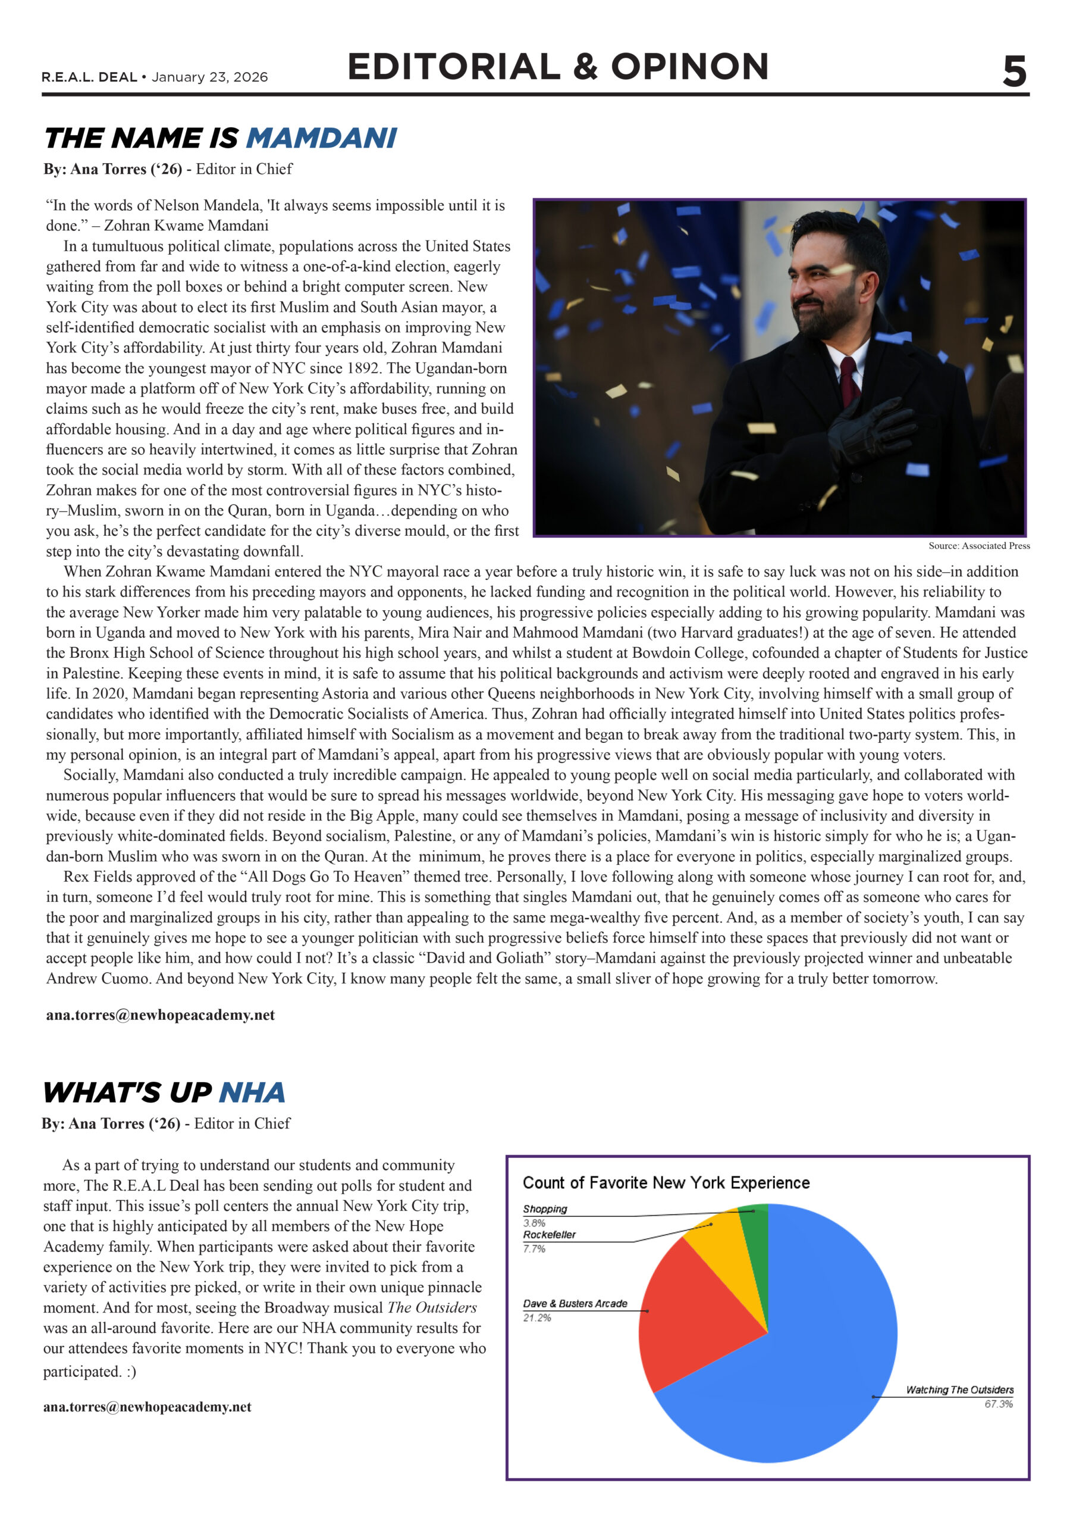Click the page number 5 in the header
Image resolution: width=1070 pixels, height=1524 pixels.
(x=1013, y=71)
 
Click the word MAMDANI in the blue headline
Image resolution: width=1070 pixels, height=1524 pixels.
(x=322, y=138)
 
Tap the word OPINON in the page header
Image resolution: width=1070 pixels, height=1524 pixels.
(x=689, y=67)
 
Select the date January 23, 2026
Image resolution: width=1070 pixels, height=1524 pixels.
(x=209, y=77)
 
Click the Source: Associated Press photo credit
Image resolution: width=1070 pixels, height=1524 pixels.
(x=978, y=546)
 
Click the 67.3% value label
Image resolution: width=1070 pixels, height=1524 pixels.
(x=999, y=1404)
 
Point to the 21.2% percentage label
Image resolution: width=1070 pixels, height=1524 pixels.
(x=536, y=1317)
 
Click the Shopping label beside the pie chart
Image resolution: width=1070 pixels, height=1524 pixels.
(x=545, y=1208)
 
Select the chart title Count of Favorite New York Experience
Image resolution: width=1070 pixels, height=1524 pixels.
(x=666, y=1182)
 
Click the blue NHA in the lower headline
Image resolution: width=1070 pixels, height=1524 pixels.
(x=252, y=1092)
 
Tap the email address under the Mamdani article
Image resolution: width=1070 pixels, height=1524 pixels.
(x=160, y=1015)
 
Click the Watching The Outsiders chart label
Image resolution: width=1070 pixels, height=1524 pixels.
(x=959, y=1390)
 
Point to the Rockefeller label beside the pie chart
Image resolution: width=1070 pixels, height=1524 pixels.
(x=549, y=1235)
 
